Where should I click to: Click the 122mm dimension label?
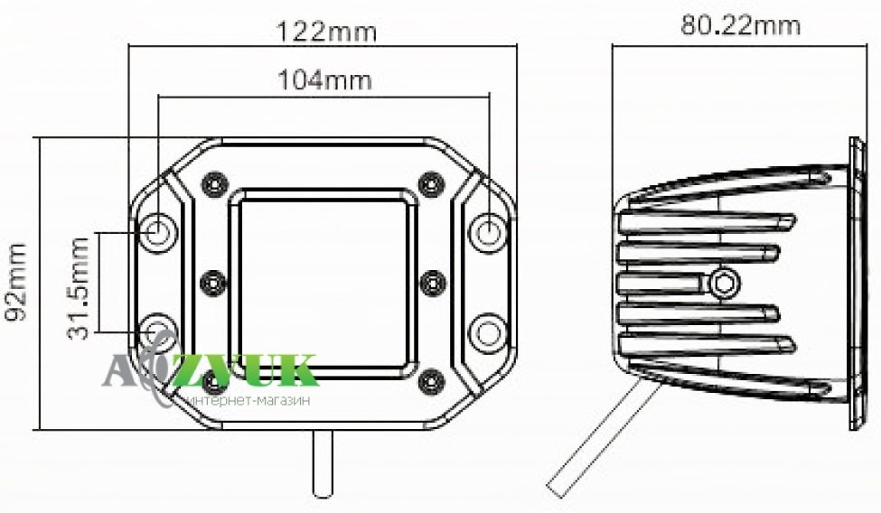tap(326, 32)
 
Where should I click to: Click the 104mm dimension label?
tap(325, 79)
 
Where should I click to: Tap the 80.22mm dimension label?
tap(741, 25)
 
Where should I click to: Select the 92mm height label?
tap(15, 282)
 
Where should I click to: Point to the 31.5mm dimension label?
tap(78, 289)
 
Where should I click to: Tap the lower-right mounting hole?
tap(487, 332)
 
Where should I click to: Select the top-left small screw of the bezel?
tap(215, 183)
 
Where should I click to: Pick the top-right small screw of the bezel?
tap(432, 183)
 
